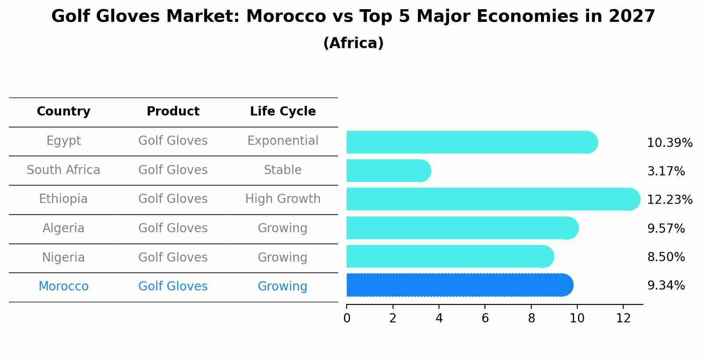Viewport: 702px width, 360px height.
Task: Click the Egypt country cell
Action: coord(63,141)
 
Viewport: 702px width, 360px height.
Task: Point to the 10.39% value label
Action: coord(669,143)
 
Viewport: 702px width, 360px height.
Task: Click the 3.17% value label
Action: coord(666,171)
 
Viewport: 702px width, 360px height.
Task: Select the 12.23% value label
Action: coord(669,200)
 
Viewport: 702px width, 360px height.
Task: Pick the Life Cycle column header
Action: coord(283,112)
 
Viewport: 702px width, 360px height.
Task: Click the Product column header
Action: coord(173,112)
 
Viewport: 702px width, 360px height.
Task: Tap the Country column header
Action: coord(63,112)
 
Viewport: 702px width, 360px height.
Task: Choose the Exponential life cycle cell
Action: coord(283,141)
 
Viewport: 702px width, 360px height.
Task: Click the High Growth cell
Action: coord(283,199)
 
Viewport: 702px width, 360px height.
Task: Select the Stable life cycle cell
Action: coord(283,170)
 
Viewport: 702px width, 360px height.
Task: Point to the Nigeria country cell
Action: coord(63,258)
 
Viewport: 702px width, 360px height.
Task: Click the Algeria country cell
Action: coord(63,228)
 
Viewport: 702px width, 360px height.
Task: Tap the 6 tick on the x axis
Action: coord(485,318)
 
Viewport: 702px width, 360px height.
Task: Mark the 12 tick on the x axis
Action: coord(623,318)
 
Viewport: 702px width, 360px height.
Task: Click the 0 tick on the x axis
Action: coord(347,318)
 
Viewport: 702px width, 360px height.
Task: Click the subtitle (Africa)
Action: coord(353,43)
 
